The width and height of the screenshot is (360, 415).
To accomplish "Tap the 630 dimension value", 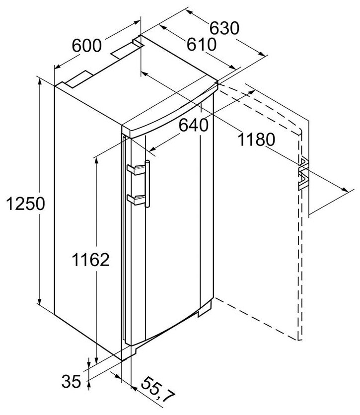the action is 223,28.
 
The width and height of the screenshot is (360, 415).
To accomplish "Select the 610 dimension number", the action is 201,45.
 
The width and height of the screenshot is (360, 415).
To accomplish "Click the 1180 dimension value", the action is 256,140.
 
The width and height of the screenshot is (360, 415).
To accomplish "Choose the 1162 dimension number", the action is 90,260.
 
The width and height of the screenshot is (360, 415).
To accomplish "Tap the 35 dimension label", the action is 72,382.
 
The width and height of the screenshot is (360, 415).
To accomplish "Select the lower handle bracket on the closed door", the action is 136,199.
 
